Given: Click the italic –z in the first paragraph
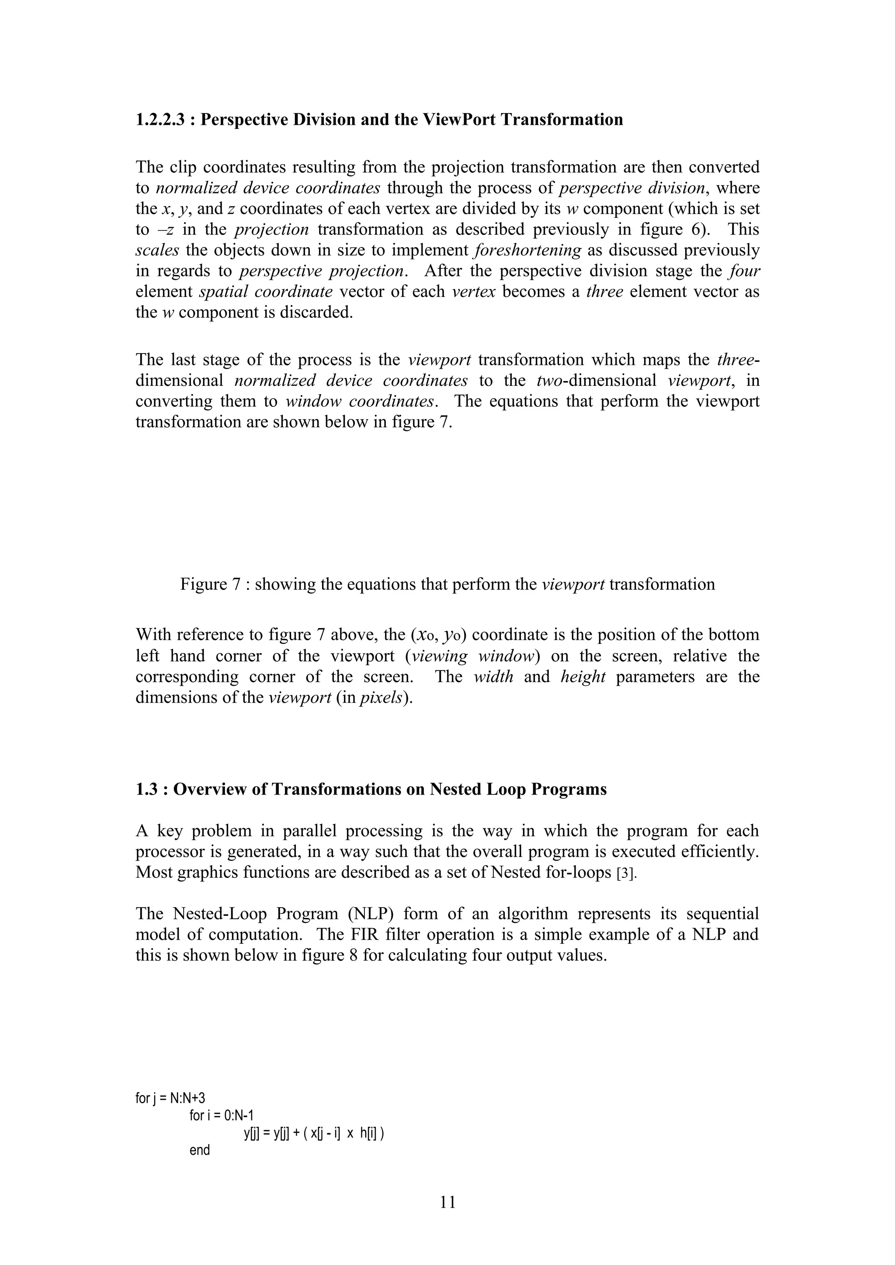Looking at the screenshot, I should [167, 229].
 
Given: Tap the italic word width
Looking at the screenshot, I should [493, 677].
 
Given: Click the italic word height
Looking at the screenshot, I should [583, 677].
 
